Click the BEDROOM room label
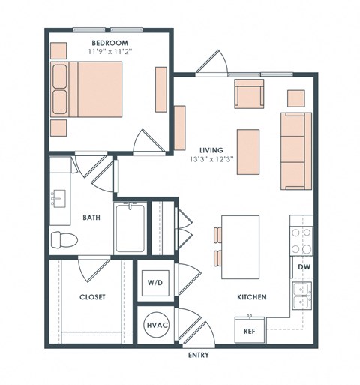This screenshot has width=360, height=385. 109,42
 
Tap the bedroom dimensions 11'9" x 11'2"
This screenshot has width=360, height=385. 109,52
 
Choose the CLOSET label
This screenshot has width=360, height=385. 92,297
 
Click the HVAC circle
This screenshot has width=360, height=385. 156,326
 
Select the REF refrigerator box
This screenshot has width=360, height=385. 250,329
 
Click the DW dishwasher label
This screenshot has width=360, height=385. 304,266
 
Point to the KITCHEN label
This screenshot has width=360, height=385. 252,297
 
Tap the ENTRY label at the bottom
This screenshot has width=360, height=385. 198,355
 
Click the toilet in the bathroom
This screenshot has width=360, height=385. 65,240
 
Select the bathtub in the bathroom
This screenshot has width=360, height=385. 132,227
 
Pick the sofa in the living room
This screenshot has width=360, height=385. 296,151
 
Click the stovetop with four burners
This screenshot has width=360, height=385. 301,241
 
